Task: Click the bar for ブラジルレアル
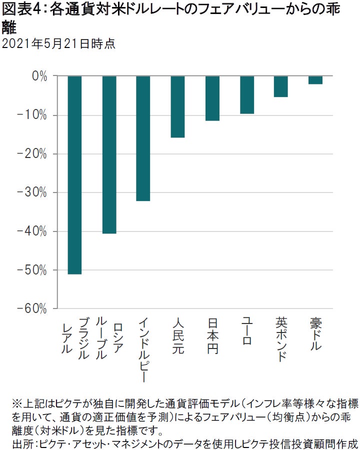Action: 74,175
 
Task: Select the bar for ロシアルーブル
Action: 109,154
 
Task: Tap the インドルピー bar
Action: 143,138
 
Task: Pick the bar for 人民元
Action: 177,106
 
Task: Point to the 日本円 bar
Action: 212,98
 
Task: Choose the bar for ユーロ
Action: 246,95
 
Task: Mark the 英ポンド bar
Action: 281,86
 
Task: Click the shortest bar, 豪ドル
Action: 315,80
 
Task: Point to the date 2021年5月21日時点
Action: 58,44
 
